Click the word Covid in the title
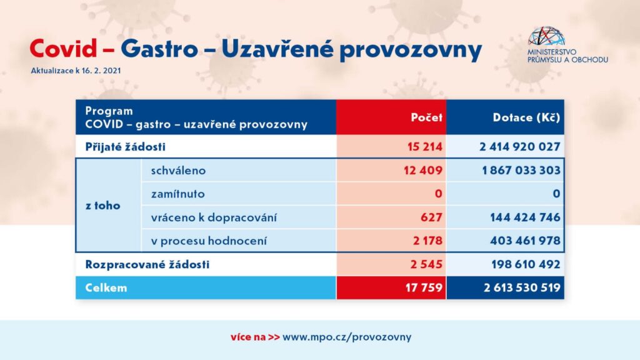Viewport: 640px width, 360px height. pos(64,49)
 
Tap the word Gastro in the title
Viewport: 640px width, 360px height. pos(159,49)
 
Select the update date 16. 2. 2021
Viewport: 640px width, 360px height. pos(101,70)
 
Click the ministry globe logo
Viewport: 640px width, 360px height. pos(546,36)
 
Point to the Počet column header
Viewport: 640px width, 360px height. pos(426,117)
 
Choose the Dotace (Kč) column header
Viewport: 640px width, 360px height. pos(526,117)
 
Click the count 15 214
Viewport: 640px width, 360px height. pos(425,146)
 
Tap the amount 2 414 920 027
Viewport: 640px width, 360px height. pos(519,146)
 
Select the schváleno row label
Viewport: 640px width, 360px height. pos(178,170)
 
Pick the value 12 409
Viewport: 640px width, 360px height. pos(423,170)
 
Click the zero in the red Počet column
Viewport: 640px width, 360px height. pos(438,194)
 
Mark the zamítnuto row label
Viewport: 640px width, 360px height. pos(178,194)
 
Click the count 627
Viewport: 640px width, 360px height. pos(431,217)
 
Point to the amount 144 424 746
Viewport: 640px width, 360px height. pos(525,217)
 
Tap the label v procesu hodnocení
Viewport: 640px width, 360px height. pos(209,241)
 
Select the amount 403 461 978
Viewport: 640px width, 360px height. pos(525,241)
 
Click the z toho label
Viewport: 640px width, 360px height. pos(103,205)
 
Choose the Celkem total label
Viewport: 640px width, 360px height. pos(106,287)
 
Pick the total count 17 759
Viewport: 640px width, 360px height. pos(424,287)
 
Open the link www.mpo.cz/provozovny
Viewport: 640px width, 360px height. pos(347,337)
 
